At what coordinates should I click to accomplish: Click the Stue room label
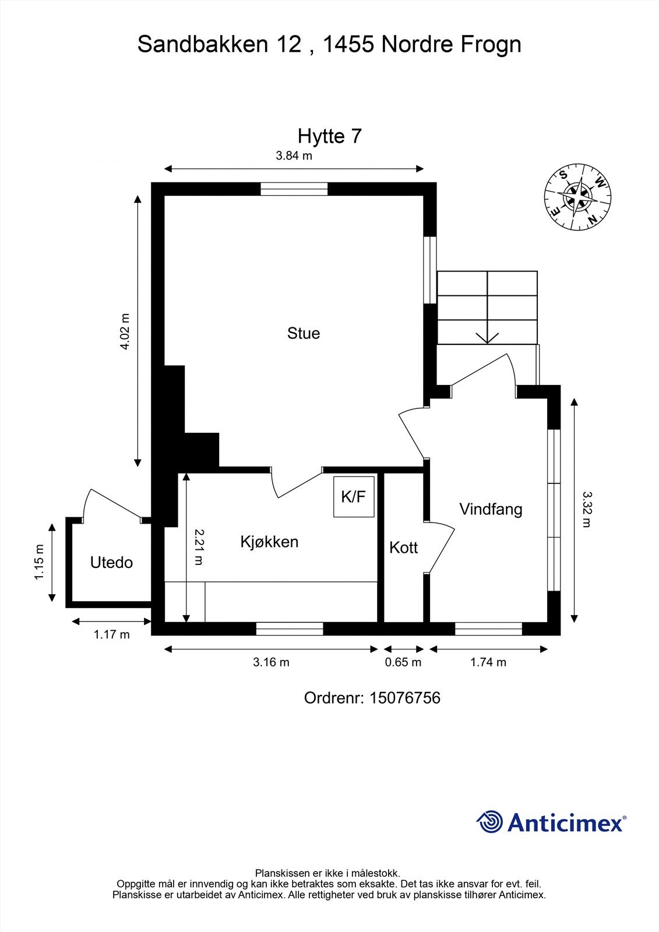click(x=304, y=333)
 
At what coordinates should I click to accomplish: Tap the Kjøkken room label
click(x=269, y=542)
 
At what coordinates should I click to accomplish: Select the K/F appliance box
click(x=354, y=497)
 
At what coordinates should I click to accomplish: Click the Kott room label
click(x=403, y=548)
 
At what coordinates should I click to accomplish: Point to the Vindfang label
click(x=491, y=509)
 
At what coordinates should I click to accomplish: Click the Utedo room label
click(x=111, y=563)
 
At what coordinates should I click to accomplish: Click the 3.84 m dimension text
click(x=294, y=156)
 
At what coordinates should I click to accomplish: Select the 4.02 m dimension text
click(x=124, y=331)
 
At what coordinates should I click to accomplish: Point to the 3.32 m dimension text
click(x=586, y=509)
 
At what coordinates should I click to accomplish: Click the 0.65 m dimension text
click(x=403, y=662)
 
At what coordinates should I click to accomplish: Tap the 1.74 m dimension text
click(x=488, y=662)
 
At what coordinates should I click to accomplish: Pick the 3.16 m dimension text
click(x=271, y=662)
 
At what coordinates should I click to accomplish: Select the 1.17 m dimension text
click(x=111, y=635)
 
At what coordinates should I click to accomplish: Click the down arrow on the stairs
click(x=487, y=336)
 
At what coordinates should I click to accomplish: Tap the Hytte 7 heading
click(x=329, y=136)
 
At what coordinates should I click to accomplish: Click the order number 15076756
click(x=404, y=697)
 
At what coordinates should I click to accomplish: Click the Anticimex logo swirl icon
click(x=490, y=822)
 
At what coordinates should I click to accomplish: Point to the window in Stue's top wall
click(x=294, y=189)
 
